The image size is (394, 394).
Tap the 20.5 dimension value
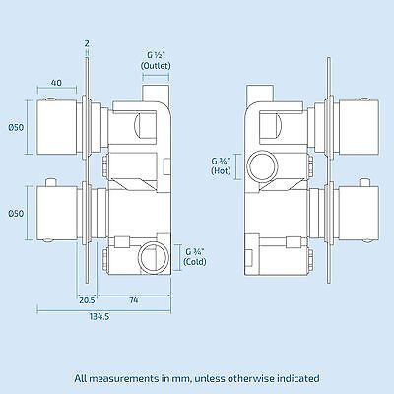(x=87, y=298)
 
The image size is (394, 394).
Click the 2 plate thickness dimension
(x=87, y=42)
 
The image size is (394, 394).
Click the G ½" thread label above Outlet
(x=156, y=53)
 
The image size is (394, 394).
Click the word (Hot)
(x=221, y=171)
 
